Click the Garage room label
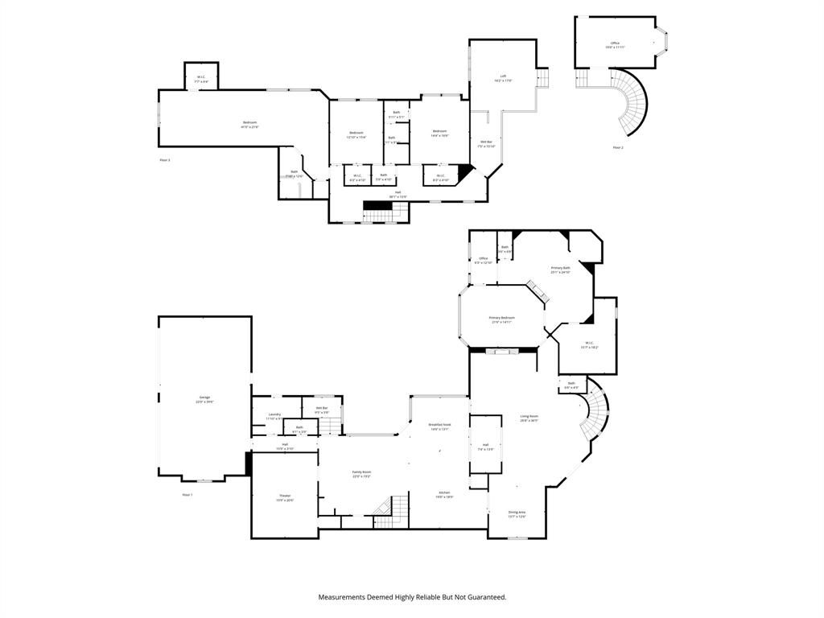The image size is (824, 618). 206,398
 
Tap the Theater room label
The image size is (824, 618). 285,496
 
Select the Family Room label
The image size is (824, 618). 361,473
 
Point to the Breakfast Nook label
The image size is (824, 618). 439,426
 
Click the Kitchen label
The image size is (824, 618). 444,493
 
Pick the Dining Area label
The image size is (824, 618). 517,513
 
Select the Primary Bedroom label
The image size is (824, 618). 501,319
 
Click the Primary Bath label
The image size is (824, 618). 560,269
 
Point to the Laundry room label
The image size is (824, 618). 274,415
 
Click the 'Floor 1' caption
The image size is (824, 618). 187,494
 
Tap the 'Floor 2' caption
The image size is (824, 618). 617,147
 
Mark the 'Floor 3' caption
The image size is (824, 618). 165,160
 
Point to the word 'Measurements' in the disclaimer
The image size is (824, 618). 346,597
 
